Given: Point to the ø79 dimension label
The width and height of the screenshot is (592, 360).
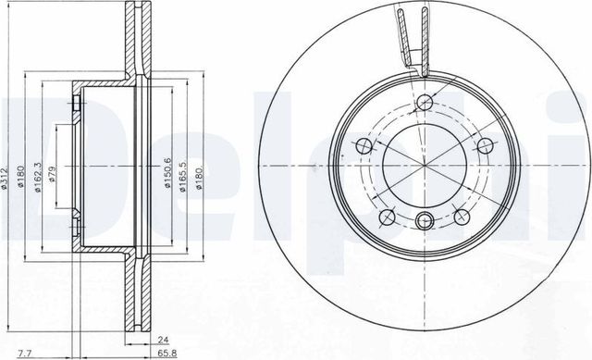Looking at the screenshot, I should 54,174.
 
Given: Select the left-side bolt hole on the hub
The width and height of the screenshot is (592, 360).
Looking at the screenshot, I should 364,146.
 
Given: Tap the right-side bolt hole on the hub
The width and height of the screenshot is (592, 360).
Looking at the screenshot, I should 482,144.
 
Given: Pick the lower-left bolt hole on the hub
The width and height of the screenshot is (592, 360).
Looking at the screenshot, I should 387,215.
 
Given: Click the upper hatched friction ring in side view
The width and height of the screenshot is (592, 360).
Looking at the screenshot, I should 138,42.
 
